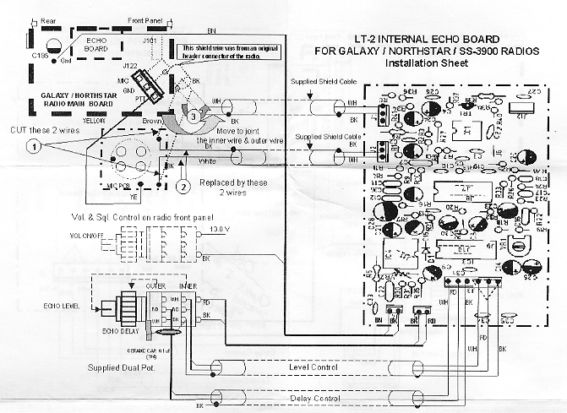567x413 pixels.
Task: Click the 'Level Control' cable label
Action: (313, 368)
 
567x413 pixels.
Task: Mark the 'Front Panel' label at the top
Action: (146, 19)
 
